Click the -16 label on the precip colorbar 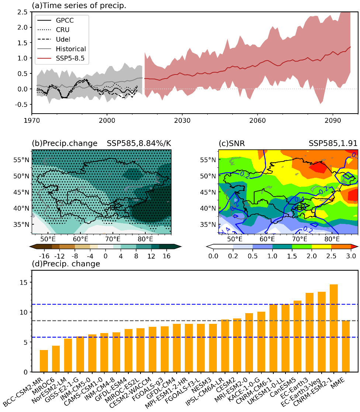click(44, 257)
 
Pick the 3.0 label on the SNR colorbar click(350, 257)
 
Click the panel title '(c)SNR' click(232, 143)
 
